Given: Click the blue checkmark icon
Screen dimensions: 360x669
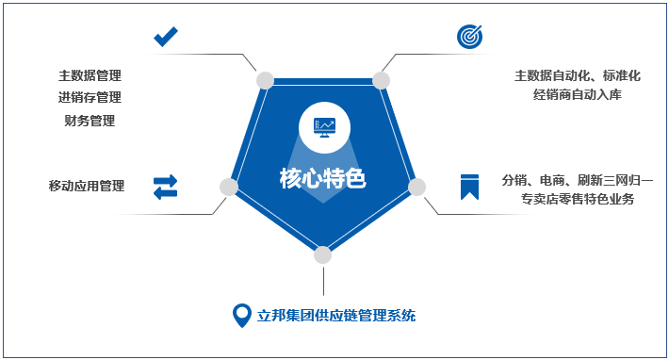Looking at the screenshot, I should (x=166, y=37).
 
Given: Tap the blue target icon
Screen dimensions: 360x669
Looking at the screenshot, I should (x=469, y=36).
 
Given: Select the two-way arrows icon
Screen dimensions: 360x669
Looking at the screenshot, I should (x=166, y=187).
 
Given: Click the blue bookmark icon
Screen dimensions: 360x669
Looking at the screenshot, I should (x=468, y=186).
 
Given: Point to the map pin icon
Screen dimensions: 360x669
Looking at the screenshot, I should (x=241, y=315).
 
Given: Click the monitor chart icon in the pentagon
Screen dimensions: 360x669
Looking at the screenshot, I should (x=323, y=125).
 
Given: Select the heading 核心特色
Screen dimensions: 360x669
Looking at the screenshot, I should (x=322, y=177).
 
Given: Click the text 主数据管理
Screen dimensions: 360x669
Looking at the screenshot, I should (x=90, y=75).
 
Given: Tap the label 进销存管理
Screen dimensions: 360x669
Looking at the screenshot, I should (x=90, y=97).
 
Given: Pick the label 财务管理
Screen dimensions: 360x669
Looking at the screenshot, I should (x=90, y=120).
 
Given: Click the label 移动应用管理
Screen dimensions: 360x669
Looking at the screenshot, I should (x=87, y=186).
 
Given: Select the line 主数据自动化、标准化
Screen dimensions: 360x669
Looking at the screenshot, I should (x=578, y=75).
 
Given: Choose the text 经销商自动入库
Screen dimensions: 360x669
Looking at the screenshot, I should (x=578, y=94).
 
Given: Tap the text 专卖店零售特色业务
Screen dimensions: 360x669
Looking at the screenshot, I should (x=578, y=199).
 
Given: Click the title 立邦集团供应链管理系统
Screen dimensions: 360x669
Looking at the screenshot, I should (x=336, y=315).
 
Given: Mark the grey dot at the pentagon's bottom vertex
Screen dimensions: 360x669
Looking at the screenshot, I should (x=323, y=254).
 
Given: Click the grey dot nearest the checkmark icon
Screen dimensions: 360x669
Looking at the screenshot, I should (x=265, y=80).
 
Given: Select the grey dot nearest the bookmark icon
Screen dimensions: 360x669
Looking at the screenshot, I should (x=417, y=187).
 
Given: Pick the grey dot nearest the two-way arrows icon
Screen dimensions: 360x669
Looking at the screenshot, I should (x=228, y=187).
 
